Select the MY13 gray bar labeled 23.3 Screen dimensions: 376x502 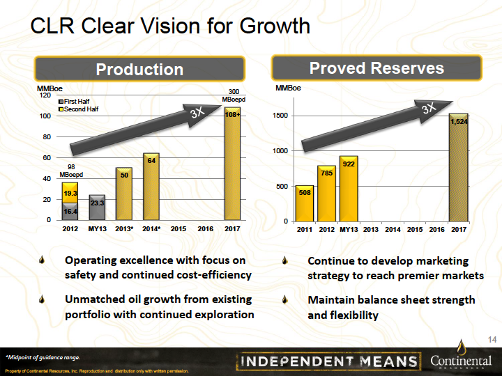tap(97, 207)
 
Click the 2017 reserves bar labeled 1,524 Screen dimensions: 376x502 tap(458, 169)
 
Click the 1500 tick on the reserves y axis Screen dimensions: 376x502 tap(283, 116)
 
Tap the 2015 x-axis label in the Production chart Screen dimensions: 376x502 tap(178, 228)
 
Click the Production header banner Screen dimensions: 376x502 tap(139, 69)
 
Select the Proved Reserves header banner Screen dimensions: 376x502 tap(376, 68)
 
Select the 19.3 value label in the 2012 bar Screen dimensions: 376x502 tap(70, 192)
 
